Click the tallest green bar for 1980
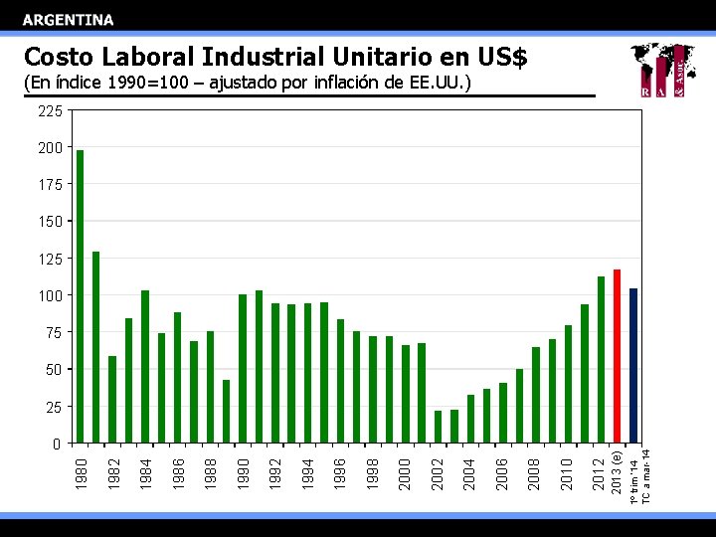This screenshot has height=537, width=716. click(x=80, y=296)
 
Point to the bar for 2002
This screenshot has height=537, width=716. click(x=438, y=427)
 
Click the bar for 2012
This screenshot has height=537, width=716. click(x=601, y=359)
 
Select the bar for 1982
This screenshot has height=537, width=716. click(x=112, y=399)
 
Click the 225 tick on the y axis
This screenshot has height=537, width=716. click(x=50, y=110)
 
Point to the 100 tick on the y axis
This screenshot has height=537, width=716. click(x=50, y=295)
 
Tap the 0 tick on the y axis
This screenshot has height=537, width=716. click(x=57, y=444)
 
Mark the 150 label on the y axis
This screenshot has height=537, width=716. click(x=50, y=221)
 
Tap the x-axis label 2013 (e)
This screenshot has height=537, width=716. click(x=617, y=474)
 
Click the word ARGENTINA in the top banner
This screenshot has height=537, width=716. click(x=69, y=19)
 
